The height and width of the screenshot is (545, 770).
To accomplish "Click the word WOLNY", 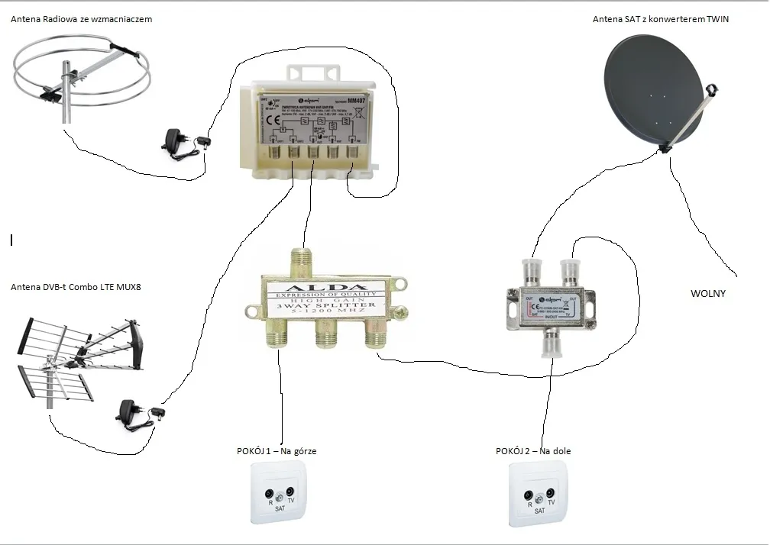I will (707, 293).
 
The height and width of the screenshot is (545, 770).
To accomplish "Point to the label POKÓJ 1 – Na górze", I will (277, 451).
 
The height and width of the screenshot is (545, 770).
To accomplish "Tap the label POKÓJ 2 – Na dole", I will (533, 451).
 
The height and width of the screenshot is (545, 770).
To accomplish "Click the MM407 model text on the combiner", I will (357, 100).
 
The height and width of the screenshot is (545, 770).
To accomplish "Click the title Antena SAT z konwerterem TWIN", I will (661, 19).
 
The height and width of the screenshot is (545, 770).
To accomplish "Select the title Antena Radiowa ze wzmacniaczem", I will (82, 19).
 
